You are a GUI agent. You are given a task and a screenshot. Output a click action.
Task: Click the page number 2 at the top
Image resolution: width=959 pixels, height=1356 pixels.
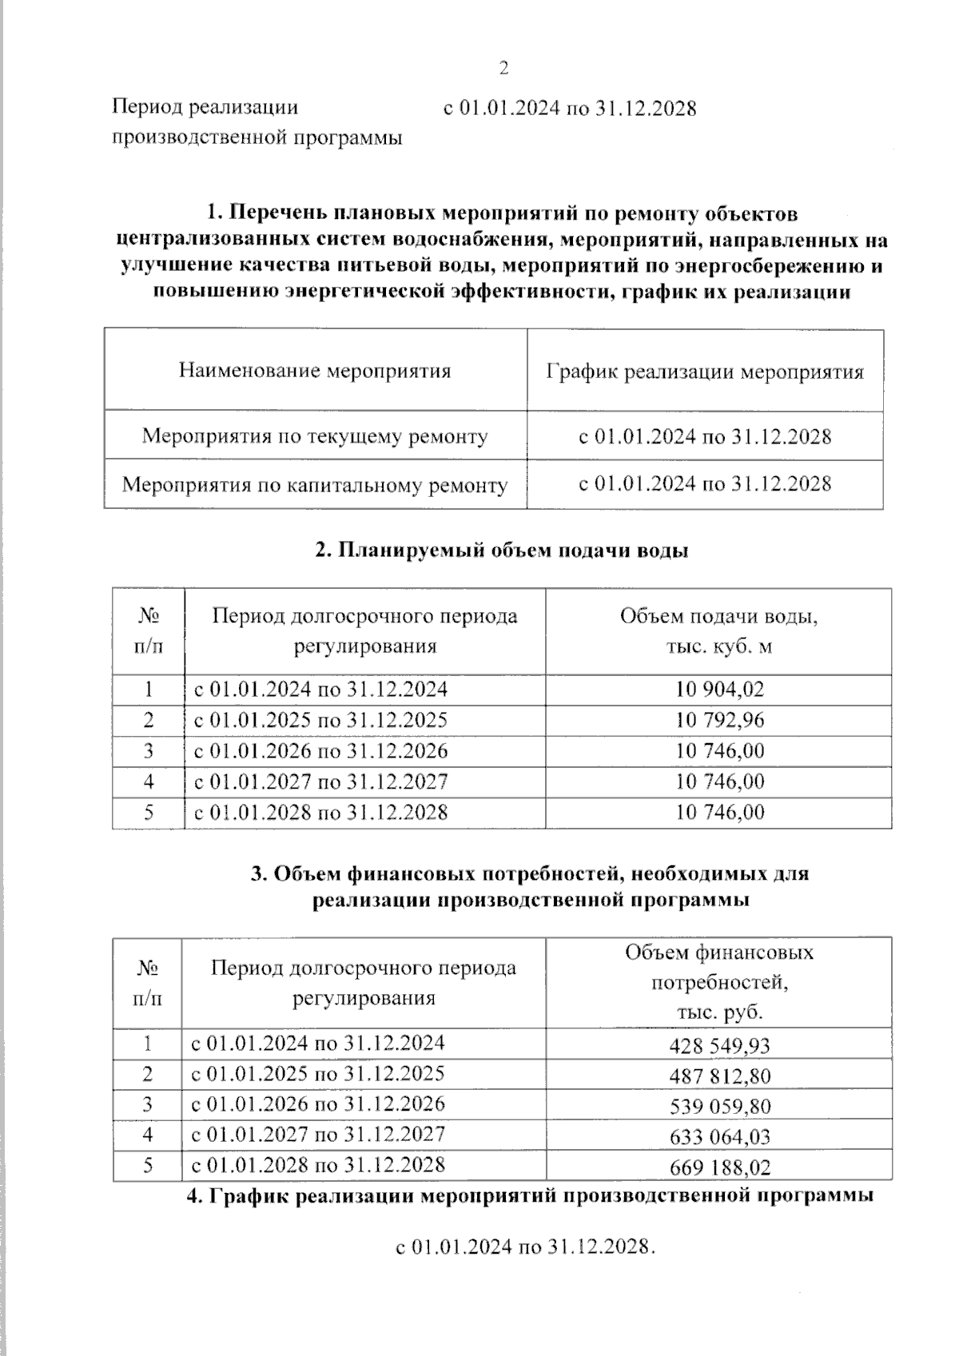coord(504,69)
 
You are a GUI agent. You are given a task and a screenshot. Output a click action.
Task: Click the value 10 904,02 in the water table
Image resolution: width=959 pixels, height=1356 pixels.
coord(719,689)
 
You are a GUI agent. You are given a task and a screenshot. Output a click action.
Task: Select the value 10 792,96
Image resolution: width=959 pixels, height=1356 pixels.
coord(719,720)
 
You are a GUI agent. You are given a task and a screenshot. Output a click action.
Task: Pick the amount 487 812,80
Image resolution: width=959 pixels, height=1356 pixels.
coord(721,1076)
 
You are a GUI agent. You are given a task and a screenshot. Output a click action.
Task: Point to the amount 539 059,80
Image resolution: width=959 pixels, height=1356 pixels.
coord(721,1107)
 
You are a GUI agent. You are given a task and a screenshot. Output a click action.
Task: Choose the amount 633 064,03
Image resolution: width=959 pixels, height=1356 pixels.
coord(721,1137)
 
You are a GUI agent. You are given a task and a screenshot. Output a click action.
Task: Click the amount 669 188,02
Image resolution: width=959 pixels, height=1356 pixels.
coord(721,1167)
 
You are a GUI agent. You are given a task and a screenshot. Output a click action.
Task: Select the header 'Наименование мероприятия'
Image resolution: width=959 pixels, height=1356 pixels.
coord(315,371)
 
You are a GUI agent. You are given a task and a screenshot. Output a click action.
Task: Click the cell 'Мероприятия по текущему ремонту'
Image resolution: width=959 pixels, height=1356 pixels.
coord(315,436)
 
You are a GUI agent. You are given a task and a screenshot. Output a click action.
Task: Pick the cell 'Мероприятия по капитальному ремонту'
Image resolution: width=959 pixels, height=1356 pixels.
coord(315,485)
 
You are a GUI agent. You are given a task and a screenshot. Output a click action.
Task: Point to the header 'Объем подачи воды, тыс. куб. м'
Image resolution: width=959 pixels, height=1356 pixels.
coord(718,631)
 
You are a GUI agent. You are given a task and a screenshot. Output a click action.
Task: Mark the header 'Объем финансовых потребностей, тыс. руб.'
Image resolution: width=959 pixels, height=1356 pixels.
coord(718,982)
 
